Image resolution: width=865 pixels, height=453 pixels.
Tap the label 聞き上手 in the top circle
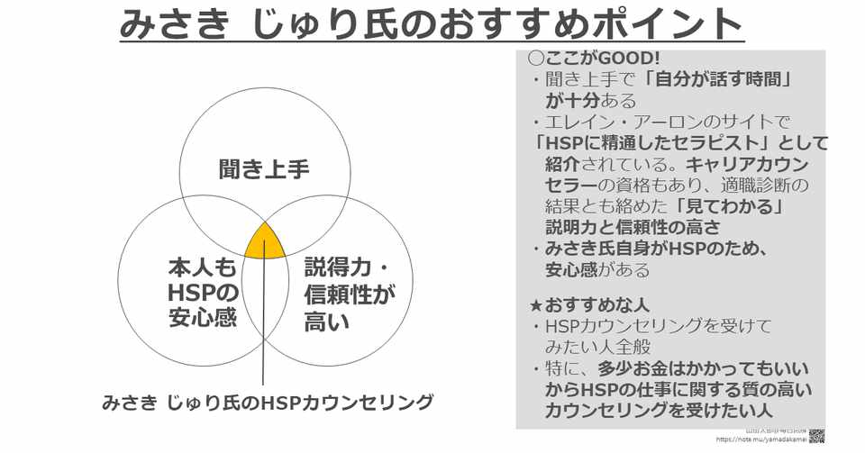coord(264,169)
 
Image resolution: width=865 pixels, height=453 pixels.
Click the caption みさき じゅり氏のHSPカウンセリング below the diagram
coord(268,403)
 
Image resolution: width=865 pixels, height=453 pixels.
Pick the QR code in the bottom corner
coord(816,437)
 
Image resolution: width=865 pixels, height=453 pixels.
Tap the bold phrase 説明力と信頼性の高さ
coord(632,227)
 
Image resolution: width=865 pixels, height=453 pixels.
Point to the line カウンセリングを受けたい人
coord(658,411)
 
